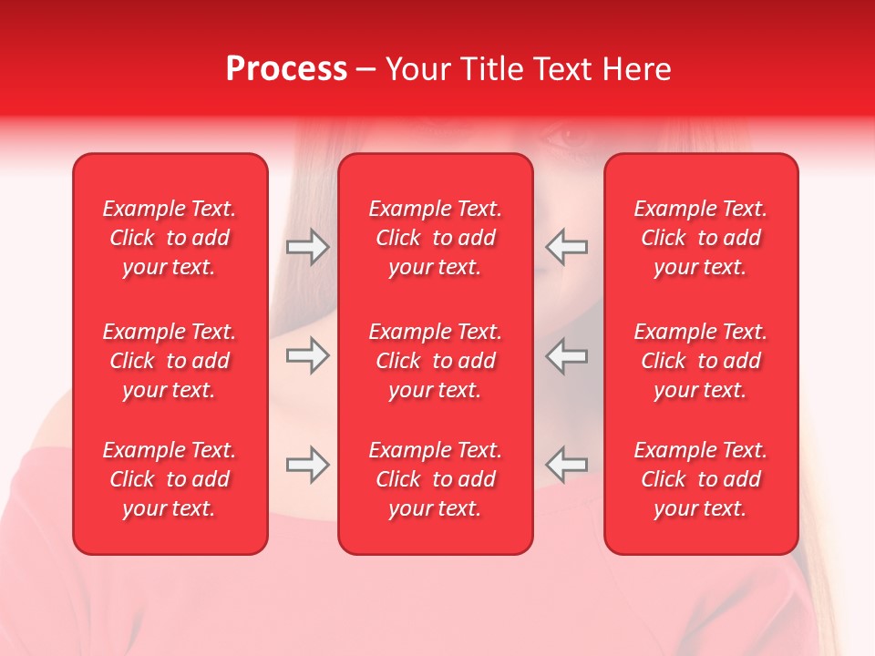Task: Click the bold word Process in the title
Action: click(x=286, y=69)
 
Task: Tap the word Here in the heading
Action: click(x=637, y=69)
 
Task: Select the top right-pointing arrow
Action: click(x=308, y=247)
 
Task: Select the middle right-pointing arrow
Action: click(x=308, y=355)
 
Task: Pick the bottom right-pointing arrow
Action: click(x=308, y=465)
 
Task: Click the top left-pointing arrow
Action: click(x=566, y=247)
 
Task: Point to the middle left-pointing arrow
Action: click(x=566, y=355)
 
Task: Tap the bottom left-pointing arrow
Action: click(x=566, y=465)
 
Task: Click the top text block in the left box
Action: click(x=170, y=238)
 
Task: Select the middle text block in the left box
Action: click(x=170, y=361)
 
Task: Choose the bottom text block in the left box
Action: click(x=170, y=479)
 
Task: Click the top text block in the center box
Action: click(x=436, y=238)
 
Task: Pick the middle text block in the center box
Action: click(x=436, y=361)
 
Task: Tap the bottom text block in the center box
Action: click(x=436, y=479)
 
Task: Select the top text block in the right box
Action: click(x=701, y=238)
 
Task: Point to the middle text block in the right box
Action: click(x=701, y=361)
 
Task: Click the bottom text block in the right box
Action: click(x=701, y=479)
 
